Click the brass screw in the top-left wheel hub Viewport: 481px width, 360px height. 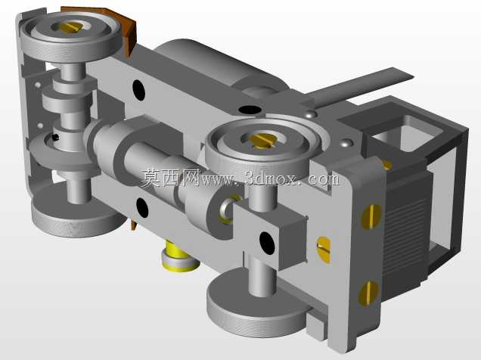70,27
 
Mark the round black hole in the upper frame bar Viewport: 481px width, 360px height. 138,90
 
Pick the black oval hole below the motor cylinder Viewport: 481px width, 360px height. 250,110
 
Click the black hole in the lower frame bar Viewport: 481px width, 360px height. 142,207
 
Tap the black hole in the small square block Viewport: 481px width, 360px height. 267,244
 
